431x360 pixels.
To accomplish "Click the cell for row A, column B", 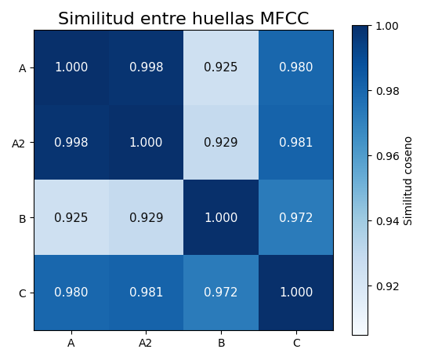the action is click(221, 67).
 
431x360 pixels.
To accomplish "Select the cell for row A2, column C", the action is click(296, 143).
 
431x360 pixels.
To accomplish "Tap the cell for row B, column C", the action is click(296, 217).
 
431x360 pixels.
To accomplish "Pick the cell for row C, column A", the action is click(71, 293).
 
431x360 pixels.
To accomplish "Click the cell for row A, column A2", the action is click(147, 67).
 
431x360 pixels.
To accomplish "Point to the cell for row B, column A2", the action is click(147, 217).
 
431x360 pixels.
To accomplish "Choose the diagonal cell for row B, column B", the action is click(221, 217).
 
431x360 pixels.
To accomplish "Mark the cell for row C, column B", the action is click(221, 293).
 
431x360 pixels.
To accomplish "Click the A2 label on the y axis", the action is click(19, 144).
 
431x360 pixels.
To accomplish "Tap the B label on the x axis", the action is click(221, 343).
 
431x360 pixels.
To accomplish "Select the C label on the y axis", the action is click(23, 293).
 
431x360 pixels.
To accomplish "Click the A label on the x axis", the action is click(71, 343).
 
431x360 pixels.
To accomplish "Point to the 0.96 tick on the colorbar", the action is click(387, 156).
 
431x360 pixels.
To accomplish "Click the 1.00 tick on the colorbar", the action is click(387, 26).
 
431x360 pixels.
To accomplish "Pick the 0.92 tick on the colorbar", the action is click(387, 286).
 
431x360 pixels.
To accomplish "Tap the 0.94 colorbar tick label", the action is click(387, 221).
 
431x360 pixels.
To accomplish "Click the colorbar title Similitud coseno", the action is click(408, 181).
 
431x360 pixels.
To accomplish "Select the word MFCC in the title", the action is click(284, 19).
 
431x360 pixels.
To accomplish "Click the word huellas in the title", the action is click(223, 19).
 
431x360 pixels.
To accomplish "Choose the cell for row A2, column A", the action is click(71, 143).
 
